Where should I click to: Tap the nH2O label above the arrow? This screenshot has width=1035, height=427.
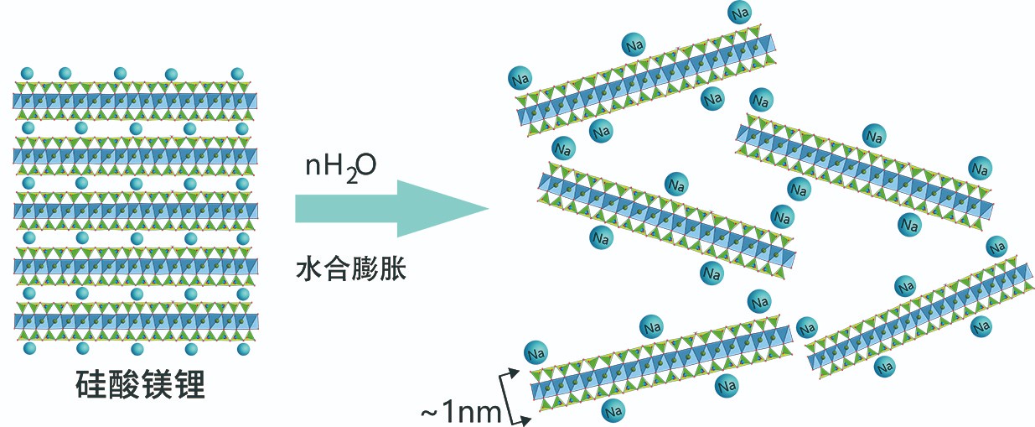pyautogui.click(x=339, y=165)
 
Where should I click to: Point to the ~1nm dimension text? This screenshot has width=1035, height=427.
pyautogui.click(x=459, y=412)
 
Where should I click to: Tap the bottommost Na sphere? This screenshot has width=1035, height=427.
pyautogui.click(x=614, y=411)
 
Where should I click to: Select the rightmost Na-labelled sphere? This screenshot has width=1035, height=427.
pyautogui.click(x=996, y=247)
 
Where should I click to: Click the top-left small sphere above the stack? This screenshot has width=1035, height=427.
pyautogui.click(x=26, y=73)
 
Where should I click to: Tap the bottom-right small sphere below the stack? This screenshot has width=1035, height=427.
pyautogui.click(x=237, y=347)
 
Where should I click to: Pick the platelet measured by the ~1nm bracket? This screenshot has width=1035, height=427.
pyautogui.click(x=662, y=357)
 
